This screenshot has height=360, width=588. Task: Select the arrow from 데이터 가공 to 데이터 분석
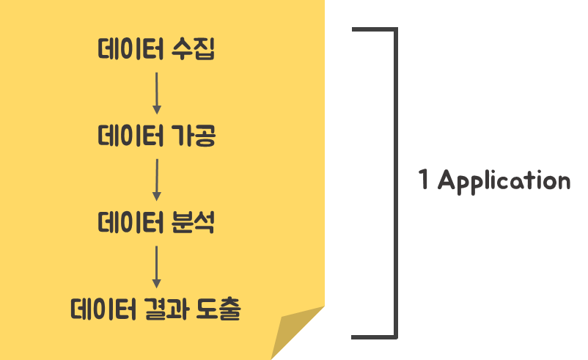(x=156, y=179)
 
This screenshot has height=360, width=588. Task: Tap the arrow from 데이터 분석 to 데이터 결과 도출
(x=156, y=265)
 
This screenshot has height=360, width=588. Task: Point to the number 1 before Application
(x=424, y=180)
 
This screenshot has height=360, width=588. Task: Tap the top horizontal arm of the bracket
(x=374, y=30)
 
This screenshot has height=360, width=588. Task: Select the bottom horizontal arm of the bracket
(x=374, y=337)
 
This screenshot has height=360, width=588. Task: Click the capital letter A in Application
(x=446, y=180)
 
